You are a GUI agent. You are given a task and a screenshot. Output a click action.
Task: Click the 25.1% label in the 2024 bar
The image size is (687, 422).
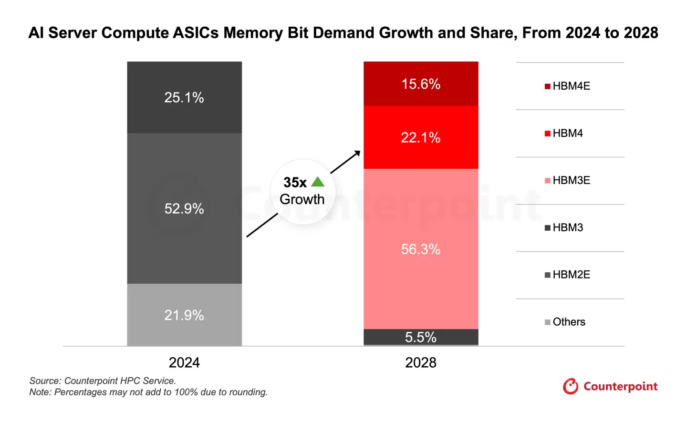(x=184, y=98)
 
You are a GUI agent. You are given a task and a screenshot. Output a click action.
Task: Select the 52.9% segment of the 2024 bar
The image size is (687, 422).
(x=184, y=208)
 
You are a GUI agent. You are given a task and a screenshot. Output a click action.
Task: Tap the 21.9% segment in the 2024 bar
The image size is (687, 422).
(x=184, y=315)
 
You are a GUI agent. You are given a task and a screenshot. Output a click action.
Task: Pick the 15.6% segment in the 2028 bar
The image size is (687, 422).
(x=420, y=84)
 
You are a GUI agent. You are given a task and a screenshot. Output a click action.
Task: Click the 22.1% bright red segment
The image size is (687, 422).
(x=420, y=138)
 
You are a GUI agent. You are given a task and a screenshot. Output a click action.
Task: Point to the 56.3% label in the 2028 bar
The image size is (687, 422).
(x=420, y=249)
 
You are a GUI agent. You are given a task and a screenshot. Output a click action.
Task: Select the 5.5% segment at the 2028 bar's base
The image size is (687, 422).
(x=420, y=337)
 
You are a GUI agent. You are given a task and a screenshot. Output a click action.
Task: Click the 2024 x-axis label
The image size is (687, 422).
(x=184, y=363)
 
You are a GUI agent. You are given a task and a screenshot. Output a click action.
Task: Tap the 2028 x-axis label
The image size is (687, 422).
(x=420, y=363)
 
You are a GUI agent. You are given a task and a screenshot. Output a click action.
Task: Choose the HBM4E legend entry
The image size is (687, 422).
(x=568, y=86)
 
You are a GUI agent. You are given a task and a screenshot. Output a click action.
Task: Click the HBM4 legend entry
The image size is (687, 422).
(x=564, y=134)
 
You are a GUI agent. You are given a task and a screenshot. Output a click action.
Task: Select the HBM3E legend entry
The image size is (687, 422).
(x=568, y=181)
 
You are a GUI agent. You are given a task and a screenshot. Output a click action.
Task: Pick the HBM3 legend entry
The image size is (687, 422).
(x=564, y=228)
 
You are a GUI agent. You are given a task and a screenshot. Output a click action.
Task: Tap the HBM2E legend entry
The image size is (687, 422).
(x=568, y=275)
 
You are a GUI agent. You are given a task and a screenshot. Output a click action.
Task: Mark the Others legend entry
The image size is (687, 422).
(x=565, y=322)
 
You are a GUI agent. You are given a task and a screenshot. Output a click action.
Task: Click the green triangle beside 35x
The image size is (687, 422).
(x=318, y=182)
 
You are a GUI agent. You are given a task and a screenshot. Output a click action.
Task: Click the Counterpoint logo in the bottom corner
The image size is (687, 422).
(x=610, y=386)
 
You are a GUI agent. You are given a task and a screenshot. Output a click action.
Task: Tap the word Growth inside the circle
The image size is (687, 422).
(x=302, y=199)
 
